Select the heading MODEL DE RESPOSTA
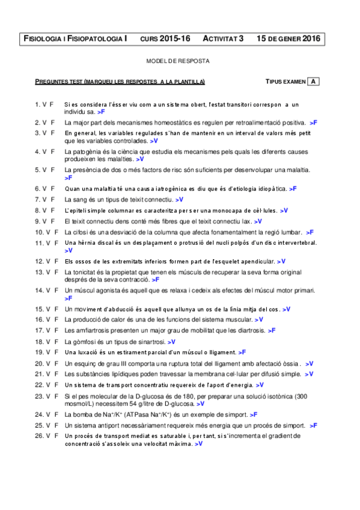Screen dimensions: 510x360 tap(178, 61)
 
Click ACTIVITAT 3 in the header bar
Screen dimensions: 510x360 tap(223, 38)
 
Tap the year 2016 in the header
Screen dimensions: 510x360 tap(310, 38)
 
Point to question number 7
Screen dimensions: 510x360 tap(37, 199)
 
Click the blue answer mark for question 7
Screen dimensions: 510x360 tap(180, 199)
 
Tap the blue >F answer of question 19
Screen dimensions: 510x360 tap(242, 352)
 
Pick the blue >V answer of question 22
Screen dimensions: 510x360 tap(260, 385)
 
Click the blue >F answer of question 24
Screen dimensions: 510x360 tap(254, 414)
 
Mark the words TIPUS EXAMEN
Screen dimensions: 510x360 tap(285, 81)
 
